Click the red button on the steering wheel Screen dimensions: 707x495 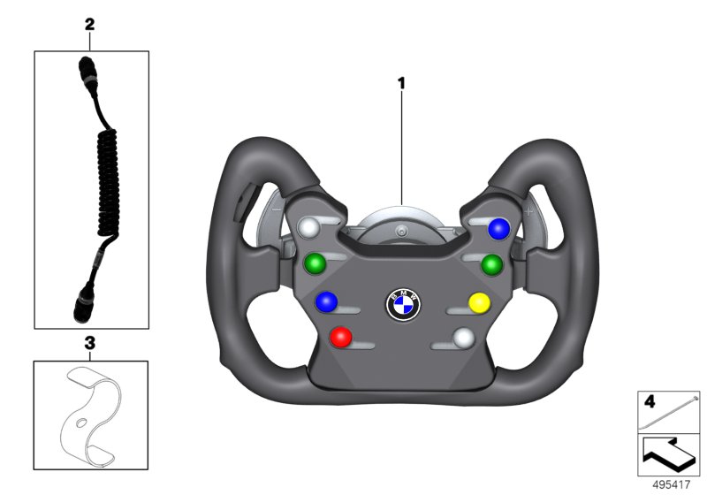point(341,337)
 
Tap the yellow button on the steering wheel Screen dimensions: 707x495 point(479,303)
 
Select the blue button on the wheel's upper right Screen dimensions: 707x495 point(498,229)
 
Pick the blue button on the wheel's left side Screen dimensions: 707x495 point(326,301)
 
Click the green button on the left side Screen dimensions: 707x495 point(315,263)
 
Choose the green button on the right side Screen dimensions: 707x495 point(491,264)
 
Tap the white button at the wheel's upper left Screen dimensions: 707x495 point(309,228)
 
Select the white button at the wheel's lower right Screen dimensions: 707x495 point(464,338)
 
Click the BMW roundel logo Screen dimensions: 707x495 point(403,305)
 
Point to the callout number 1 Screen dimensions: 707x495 point(401,83)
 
